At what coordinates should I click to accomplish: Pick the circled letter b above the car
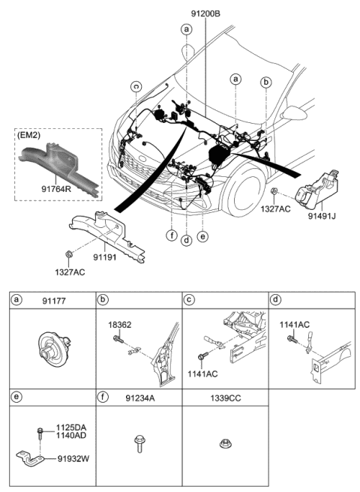point(265,81)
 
